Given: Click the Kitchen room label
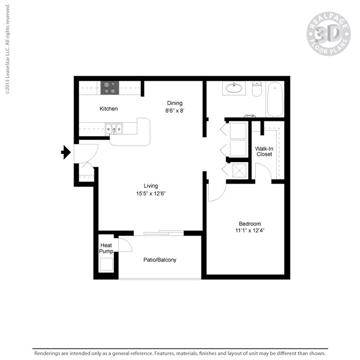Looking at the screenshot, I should pyautogui.click(x=109, y=109).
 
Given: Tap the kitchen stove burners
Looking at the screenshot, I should pyautogui.click(x=110, y=87).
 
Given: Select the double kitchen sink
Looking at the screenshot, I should pyautogui.click(x=114, y=128).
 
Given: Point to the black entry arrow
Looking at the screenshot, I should pyautogui.click(x=66, y=152).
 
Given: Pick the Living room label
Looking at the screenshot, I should pyautogui.click(x=151, y=186).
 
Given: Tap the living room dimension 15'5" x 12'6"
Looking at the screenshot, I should pyautogui.click(x=151, y=194).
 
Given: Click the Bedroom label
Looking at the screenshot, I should pyautogui.click(x=249, y=224).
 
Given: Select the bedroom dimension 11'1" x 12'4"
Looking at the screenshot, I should pyautogui.click(x=250, y=231).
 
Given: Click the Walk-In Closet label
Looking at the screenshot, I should pyautogui.click(x=264, y=151).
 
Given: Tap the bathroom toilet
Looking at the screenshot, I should pyautogui.click(x=257, y=89).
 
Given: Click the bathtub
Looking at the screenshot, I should pyautogui.click(x=275, y=99).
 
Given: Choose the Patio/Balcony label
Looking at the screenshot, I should pyautogui.click(x=159, y=260).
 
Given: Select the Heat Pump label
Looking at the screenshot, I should pyautogui.click(x=106, y=248).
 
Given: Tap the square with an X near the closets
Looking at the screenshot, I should pyautogui.click(x=238, y=170).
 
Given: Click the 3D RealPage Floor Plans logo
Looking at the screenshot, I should pyautogui.click(x=328, y=34).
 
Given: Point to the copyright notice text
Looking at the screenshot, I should pyautogui.click(x=8, y=49).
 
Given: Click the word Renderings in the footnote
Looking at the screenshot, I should pyautogui.click(x=48, y=353).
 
